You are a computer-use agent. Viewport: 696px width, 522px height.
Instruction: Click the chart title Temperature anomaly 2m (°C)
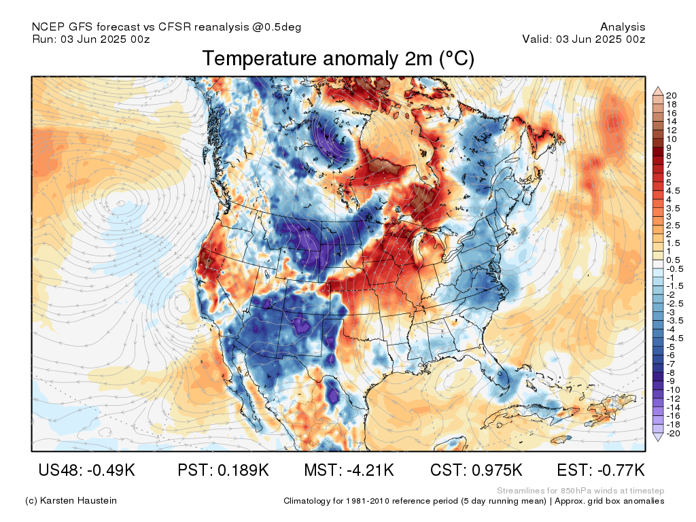tap(338, 58)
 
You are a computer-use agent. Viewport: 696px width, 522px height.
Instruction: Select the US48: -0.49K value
tap(86, 470)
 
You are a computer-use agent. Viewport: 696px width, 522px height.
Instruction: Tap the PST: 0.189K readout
tap(223, 470)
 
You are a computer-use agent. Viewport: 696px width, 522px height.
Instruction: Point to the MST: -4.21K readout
tap(349, 470)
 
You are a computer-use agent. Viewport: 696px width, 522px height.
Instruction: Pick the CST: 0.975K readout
tap(476, 470)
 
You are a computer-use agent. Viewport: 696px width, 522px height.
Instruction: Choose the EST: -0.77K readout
tap(601, 470)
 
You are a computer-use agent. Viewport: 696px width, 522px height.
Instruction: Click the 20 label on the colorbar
tap(671, 95)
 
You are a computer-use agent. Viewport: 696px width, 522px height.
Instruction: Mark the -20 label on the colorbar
tap(673, 434)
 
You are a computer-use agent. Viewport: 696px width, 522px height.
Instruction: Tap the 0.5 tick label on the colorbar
tap(673, 260)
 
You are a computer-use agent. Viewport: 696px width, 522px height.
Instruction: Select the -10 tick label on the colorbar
tap(673, 390)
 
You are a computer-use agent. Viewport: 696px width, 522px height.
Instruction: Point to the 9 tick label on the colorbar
tap(669, 147)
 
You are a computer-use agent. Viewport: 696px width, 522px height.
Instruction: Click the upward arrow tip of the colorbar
tap(658, 88)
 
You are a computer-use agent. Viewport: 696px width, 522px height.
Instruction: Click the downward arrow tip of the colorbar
tap(658, 440)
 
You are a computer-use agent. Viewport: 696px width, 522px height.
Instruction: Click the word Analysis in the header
tap(623, 27)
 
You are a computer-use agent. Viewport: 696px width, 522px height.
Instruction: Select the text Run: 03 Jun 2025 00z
tap(91, 39)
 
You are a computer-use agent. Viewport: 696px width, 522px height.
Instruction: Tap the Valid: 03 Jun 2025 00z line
tap(584, 39)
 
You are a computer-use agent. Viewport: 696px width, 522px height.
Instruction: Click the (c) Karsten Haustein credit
tap(71, 501)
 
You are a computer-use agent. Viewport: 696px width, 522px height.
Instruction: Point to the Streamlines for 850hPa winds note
tap(580, 491)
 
